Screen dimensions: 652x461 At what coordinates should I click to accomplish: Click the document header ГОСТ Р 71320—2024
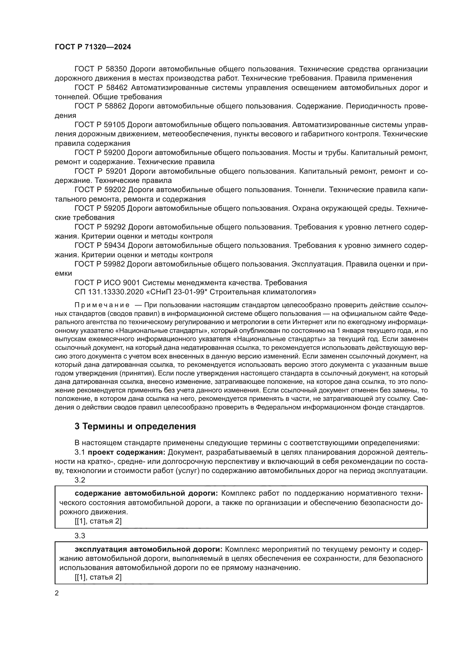(x=93, y=47)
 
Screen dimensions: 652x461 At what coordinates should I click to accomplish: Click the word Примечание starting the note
(x=102, y=305)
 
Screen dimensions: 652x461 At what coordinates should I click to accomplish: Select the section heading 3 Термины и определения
(x=135, y=426)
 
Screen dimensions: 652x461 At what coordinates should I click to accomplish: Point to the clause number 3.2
(x=80, y=480)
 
